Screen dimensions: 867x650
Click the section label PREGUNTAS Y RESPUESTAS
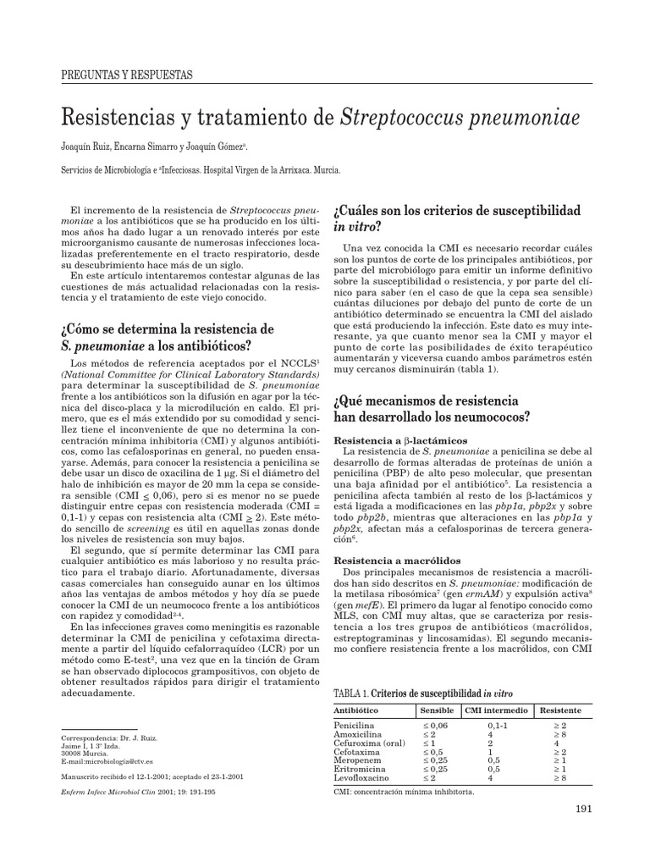click(128, 75)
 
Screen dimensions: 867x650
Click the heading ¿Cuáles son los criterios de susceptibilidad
click(458, 208)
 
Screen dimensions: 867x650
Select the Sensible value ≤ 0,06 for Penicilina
click(438, 726)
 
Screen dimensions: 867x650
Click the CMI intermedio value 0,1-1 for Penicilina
click(498, 726)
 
